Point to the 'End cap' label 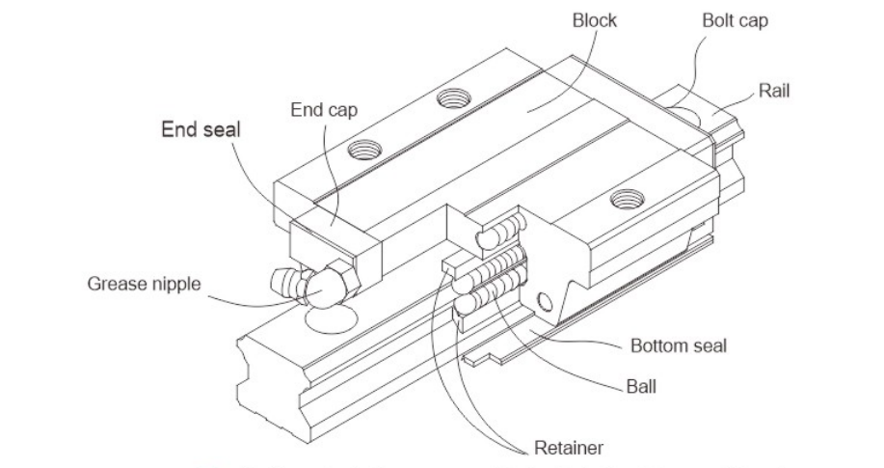click(x=324, y=109)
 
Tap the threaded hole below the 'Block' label click(x=451, y=96)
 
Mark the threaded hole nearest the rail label click(x=627, y=200)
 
